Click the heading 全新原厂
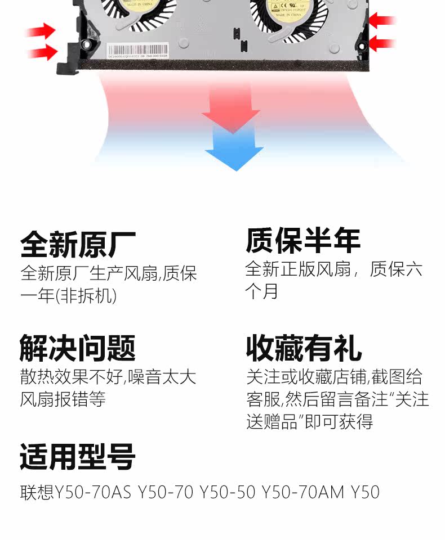[78, 244]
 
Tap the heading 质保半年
[303, 241]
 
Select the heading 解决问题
[78, 347]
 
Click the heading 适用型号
[78, 457]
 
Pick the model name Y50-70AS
[93, 492]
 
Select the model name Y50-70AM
[302, 492]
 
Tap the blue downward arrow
[234, 149]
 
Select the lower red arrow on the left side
[42, 52]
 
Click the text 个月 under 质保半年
[261, 291]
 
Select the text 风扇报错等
[63, 399]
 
